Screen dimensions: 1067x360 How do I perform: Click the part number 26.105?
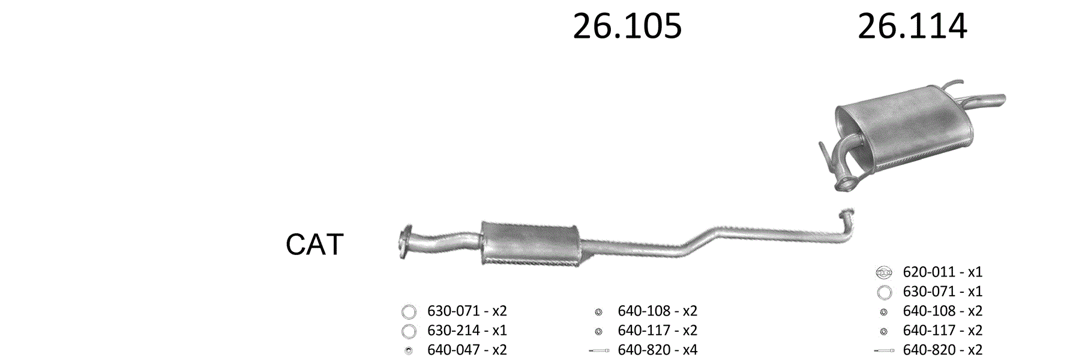coord(627,26)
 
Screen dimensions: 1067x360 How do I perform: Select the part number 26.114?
coord(912,26)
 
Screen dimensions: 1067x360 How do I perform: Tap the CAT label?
coord(314,244)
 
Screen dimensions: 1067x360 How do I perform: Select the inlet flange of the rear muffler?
coord(843,184)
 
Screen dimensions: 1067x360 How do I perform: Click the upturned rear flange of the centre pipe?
coord(846,217)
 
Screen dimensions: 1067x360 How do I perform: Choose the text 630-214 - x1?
coord(467,331)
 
